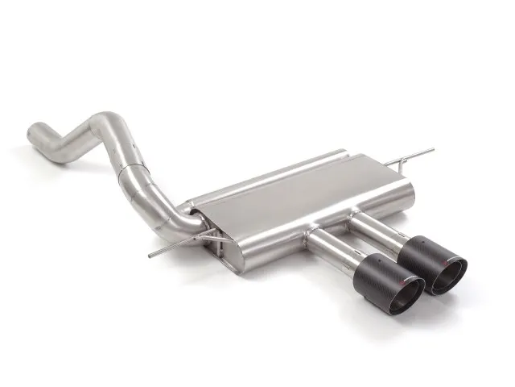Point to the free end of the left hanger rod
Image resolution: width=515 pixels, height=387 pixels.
[150, 256]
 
